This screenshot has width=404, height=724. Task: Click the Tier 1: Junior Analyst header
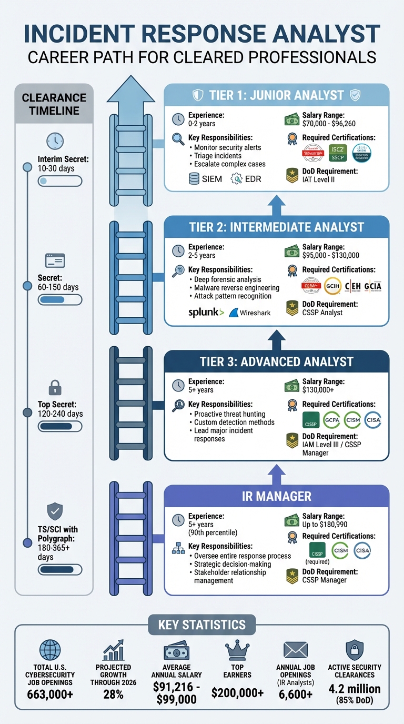(277, 95)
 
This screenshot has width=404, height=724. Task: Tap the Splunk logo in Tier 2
(206, 312)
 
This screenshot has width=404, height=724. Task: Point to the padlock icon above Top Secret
(55, 388)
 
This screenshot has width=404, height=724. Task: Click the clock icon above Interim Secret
(55, 140)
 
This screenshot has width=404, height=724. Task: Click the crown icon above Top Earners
(237, 650)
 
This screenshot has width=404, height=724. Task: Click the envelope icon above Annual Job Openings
(295, 650)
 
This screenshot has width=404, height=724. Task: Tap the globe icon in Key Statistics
(50, 650)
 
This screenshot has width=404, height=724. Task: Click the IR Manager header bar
(277, 496)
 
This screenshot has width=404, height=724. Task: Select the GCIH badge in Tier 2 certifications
(333, 286)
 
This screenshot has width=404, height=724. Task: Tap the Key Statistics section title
(202, 625)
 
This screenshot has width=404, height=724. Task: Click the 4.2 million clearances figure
(355, 689)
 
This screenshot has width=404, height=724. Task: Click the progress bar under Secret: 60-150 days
(60, 299)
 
